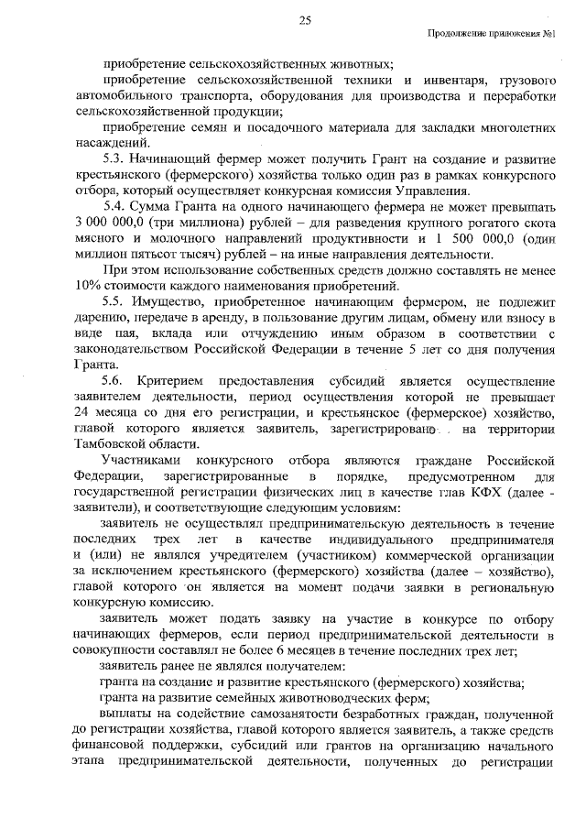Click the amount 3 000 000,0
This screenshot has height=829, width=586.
pyautogui.click(x=109, y=223)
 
